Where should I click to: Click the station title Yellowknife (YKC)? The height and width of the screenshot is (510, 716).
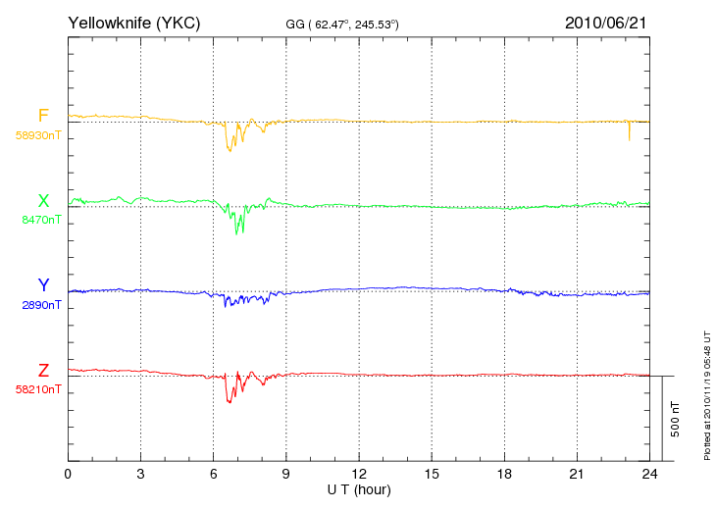pyautogui.click(x=133, y=23)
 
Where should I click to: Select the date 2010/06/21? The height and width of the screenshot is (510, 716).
pyautogui.click(x=605, y=23)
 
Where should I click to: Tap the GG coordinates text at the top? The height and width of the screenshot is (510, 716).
pyautogui.click(x=342, y=25)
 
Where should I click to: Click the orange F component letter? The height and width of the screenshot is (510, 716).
pyautogui.click(x=43, y=116)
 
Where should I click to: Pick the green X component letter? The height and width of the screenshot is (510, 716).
pyautogui.click(x=43, y=200)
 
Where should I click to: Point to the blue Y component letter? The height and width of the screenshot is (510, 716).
pyautogui.click(x=43, y=285)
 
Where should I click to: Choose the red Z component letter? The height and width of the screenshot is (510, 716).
pyautogui.click(x=43, y=371)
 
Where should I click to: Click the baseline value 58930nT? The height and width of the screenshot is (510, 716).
pyautogui.click(x=38, y=135)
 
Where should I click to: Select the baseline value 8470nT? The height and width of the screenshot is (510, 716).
pyautogui.click(x=41, y=220)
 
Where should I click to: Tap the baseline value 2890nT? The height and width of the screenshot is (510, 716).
pyautogui.click(x=41, y=305)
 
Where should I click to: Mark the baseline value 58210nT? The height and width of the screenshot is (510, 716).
pyautogui.click(x=38, y=389)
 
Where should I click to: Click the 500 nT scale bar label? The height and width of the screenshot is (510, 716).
pyautogui.click(x=676, y=419)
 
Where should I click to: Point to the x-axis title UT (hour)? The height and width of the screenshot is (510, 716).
pyautogui.click(x=359, y=490)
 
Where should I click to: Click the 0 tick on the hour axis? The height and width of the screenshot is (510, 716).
pyautogui.click(x=68, y=475)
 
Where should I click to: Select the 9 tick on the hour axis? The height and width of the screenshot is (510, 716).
pyautogui.click(x=285, y=475)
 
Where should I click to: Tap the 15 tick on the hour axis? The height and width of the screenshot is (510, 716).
pyautogui.click(x=432, y=475)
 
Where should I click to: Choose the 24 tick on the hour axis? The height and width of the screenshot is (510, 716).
pyautogui.click(x=649, y=475)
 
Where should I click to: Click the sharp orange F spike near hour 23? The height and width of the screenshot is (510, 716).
pyautogui.click(x=630, y=131)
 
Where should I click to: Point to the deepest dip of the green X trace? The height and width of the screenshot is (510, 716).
pyautogui.click(x=236, y=233)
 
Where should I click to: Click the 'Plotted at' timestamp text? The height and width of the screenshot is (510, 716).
pyautogui.click(x=707, y=395)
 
